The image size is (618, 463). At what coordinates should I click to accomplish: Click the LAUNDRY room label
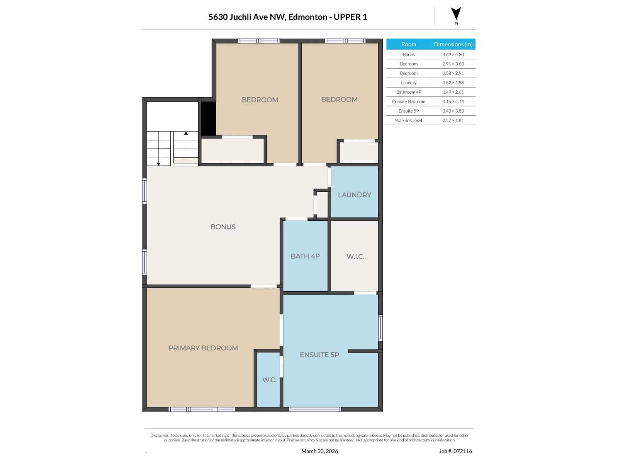(354, 195)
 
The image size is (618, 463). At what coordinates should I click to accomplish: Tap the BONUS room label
(223, 227)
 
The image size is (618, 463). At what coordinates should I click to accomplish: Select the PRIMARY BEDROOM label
(203, 348)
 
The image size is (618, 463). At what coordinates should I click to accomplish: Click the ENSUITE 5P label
(319, 355)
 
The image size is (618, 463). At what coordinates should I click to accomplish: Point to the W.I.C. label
(355, 257)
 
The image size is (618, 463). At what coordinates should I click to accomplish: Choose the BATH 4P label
(305, 256)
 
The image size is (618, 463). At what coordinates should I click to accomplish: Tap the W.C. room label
(269, 380)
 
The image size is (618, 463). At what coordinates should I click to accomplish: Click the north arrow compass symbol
(456, 14)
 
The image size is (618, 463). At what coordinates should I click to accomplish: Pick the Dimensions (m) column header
(453, 44)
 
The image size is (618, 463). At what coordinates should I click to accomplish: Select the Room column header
(409, 44)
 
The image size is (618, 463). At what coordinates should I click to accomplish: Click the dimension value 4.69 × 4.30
(453, 55)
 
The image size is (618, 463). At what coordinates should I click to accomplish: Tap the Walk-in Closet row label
(409, 120)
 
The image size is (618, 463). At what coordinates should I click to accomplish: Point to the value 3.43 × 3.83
(453, 111)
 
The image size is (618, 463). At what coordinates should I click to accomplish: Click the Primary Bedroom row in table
(409, 101)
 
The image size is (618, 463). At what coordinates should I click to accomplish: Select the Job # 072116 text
(455, 451)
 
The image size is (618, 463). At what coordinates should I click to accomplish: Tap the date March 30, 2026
(319, 451)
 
